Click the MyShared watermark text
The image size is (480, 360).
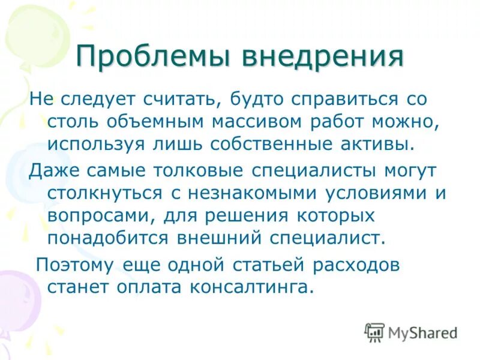tap(422, 332)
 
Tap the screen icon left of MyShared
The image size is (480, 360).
tap(374, 332)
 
